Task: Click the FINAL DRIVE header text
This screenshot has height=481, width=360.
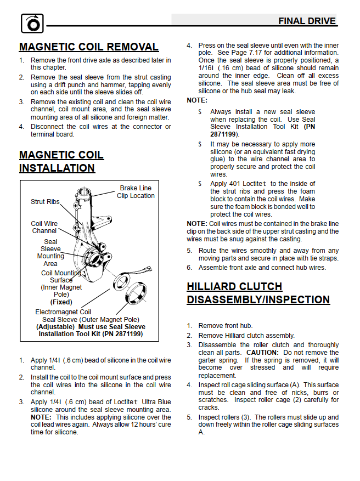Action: point(307,21)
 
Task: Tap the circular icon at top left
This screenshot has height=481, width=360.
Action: point(31,24)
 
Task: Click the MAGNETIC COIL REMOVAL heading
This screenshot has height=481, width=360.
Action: point(89,47)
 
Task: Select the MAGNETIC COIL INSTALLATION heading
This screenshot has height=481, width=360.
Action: point(61,161)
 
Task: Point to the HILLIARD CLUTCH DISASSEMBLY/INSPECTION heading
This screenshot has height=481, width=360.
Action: point(258,293)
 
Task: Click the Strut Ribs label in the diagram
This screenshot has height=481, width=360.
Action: point(45,202)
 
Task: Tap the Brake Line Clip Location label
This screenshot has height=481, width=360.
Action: point(136,192)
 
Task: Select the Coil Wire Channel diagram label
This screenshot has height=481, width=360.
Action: point(44,227)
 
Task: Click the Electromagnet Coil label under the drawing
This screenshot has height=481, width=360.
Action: point(63,312)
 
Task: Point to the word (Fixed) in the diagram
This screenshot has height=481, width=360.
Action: point(61,302)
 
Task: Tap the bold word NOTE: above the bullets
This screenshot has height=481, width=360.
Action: point(197,100)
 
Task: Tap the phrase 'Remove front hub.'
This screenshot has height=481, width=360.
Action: point(226,325)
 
